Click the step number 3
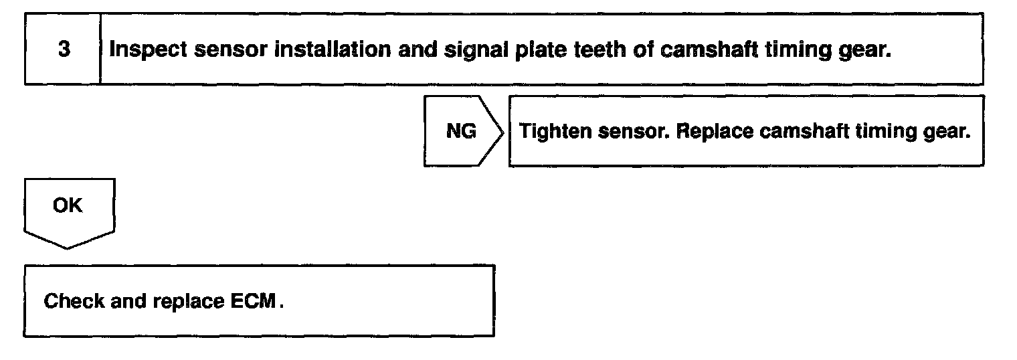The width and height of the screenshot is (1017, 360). pyautogui.click(x=64, y=50)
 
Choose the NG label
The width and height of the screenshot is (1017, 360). pyautogui.click(x=461, y=131)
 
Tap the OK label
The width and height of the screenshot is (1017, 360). pyautogui.click(x=68, y=205)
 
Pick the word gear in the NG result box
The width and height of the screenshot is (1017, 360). pyautogui.click(x=949, y=132)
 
